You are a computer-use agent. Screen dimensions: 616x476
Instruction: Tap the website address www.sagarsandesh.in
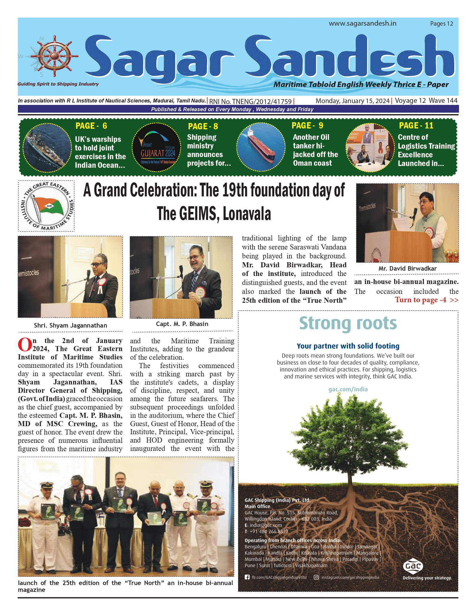(362, 24)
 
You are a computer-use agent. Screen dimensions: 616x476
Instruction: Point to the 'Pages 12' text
(441, 24)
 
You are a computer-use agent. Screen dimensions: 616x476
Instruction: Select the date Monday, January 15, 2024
(352, 101)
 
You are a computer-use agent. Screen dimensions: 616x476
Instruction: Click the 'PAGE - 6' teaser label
(91, 126)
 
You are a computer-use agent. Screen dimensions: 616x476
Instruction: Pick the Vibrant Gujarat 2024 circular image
(156, 148)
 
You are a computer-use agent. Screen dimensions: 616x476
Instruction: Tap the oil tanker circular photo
(261, 147)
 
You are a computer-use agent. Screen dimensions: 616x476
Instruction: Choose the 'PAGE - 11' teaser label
(416, 125)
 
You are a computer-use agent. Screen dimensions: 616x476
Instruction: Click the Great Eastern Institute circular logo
(46, 206)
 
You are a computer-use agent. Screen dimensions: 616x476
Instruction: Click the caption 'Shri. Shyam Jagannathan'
(70, 325)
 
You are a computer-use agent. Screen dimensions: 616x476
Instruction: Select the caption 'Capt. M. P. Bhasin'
(182, 324)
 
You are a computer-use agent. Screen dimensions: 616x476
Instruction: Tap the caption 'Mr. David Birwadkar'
(407, 269)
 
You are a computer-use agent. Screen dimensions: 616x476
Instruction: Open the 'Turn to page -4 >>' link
(426, 300)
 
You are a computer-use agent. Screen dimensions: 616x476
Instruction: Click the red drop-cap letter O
(24, 345)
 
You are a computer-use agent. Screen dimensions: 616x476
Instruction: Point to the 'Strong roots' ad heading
(348, 323)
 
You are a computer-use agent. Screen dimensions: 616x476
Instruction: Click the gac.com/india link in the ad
(348, 389)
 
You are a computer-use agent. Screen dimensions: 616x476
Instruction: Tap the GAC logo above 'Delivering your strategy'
(413, 566)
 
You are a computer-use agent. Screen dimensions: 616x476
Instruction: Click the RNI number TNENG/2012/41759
(251, 101)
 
